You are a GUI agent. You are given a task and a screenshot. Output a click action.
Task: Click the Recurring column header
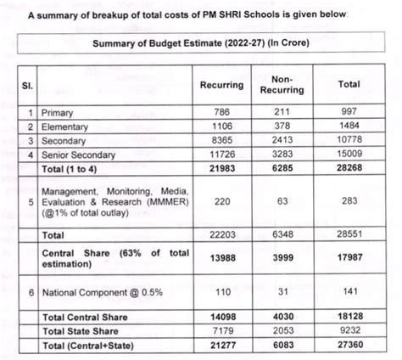click(x=221, y=85)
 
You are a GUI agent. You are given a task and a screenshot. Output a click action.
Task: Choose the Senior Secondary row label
click(x=81, y=155)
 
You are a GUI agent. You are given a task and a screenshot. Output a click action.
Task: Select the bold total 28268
click(x=348, y=168)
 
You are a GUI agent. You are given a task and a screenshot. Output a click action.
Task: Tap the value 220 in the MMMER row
click(x=221, y=202)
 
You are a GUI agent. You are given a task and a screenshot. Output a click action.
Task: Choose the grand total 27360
click(x=348, y=345)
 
